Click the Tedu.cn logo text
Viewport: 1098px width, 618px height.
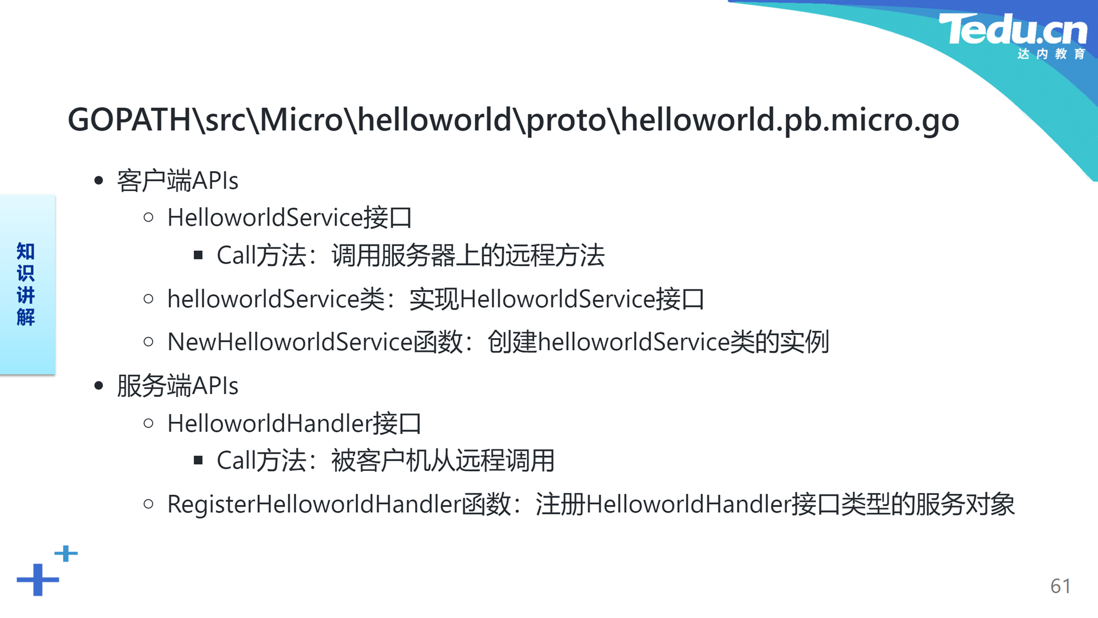pyautogui.click(x=1013, y=29)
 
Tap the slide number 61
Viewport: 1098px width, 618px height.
pyautogui.click(x=1060, y=586)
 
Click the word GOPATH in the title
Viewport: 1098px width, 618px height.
pyautogui.click(x=129, y=120)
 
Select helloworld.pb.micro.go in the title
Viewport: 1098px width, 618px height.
pyautogui.click(x=790, y=120)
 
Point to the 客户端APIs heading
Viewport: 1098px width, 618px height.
pyautogui.click(x=177, y=181)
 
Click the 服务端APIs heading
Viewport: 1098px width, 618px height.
pyautogui.click(x=177, y=386)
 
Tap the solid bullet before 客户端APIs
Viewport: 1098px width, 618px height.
pyautogui.click(x=99, y=181)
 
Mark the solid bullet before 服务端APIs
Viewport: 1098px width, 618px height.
pyautogui.click(x=99, y=386)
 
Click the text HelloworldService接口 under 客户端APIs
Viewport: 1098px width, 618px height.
pyautogui.click(x=290, y=218)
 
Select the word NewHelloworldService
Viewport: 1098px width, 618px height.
pyautogui.click(x=290, y=342)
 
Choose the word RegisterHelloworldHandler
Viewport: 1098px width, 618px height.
pyautogui.click(x=315, y=505)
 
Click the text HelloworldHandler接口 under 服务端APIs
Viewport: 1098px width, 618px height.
pyautogui.click(x=295, y=424)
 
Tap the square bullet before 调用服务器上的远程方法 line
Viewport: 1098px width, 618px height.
pyautogui.click(x=198, y=255)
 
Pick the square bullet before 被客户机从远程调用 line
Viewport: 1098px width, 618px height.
pyautogui.click(x=198, y=460)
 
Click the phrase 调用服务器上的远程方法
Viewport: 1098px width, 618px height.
pyautogui.click(x=468, y=255)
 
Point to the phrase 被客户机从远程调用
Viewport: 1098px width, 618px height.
pyautogui.click(x=443, y=461)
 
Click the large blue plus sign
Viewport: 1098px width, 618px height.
pyautogui.click(x=38, y=580)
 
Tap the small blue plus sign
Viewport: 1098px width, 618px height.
pyautogui.click(x=66, y=553)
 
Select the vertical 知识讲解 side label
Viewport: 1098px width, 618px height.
pyautogui.click(x=26, y=284)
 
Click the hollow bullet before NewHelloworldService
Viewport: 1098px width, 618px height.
pyautogui.click(x=149, y=342)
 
